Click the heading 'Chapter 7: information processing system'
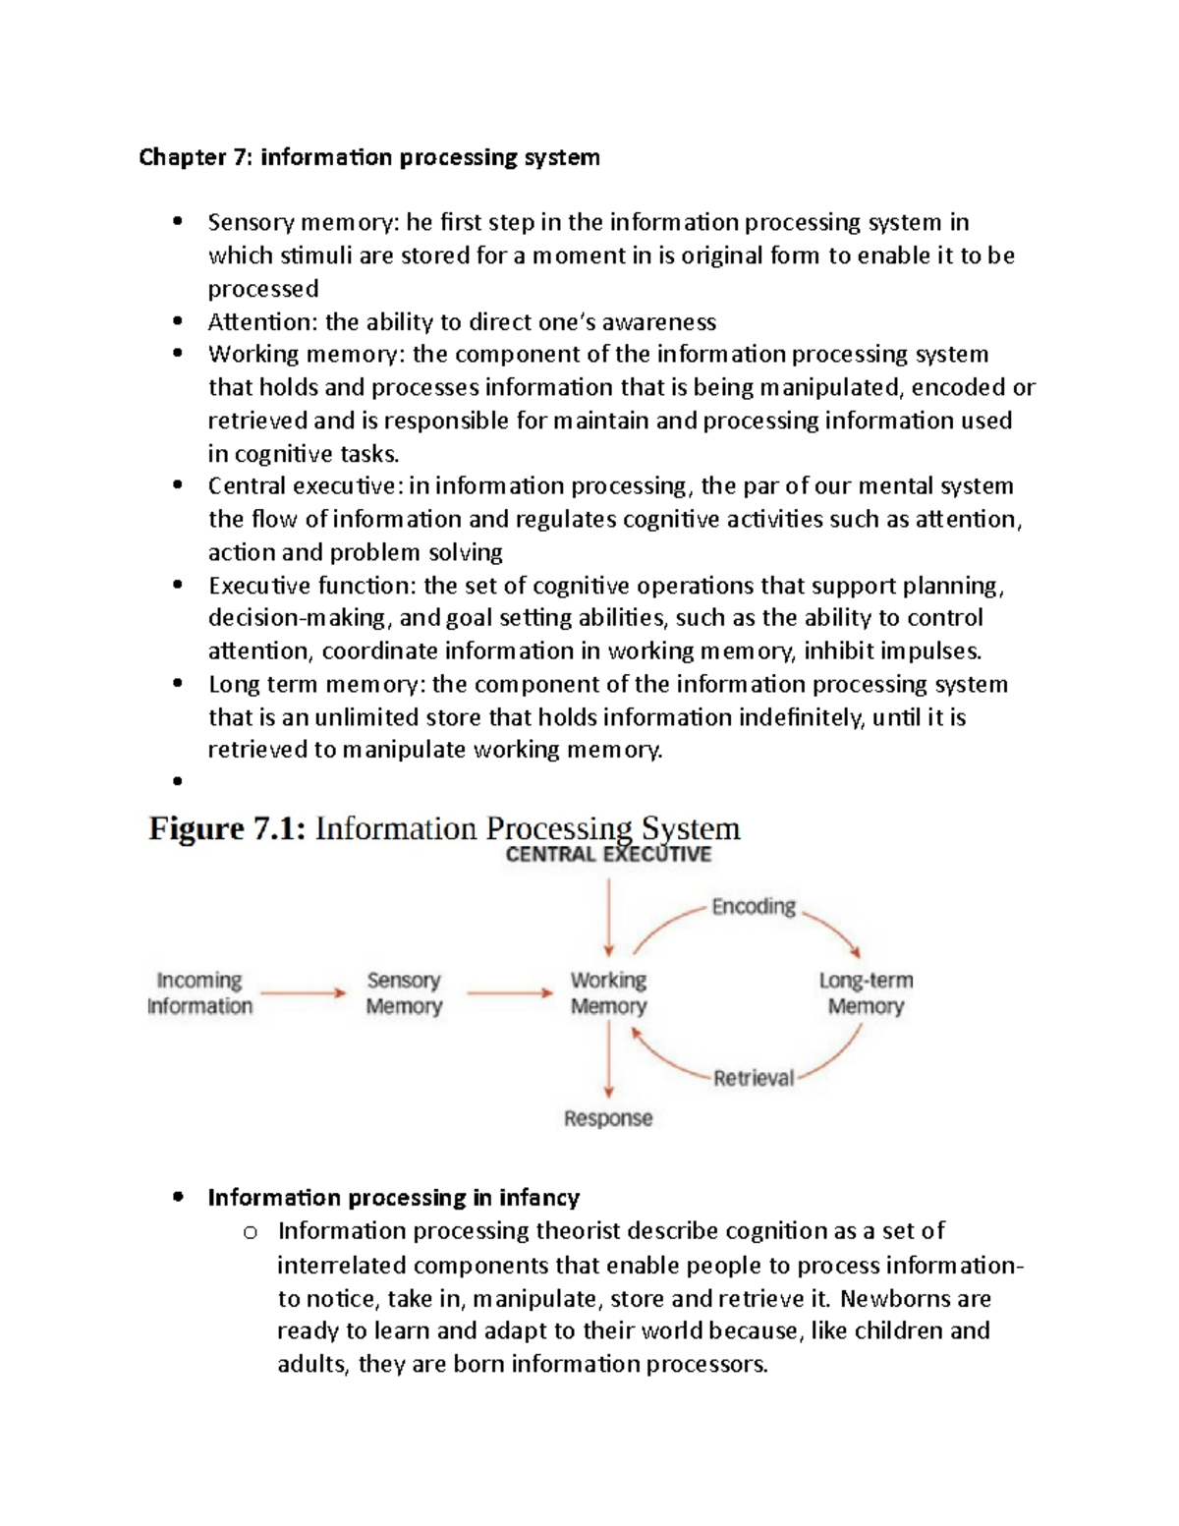click(x=368, y=157)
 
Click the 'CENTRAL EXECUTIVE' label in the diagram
click(x=608, y=855)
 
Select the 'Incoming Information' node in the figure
click(x=199, y=993)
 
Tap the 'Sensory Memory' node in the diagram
click(x=404, y=993)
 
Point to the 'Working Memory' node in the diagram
click(x=608, y=993)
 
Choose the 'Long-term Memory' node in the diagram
click(x=866, y=993)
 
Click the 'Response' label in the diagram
click(x=608, y=1118)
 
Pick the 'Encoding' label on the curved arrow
click(x=754, y=906)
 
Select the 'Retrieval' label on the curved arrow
click(x=754, y=1078)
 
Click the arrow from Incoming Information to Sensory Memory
click(x=304, y=993)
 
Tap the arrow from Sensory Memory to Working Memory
click(x=510, y=993)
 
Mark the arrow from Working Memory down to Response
click(x=609, y=1059)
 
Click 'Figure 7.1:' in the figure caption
click(x=227, y=829)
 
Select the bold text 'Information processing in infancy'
click(x=393, y=1197)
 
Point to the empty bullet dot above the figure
click(x=178, y=782)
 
